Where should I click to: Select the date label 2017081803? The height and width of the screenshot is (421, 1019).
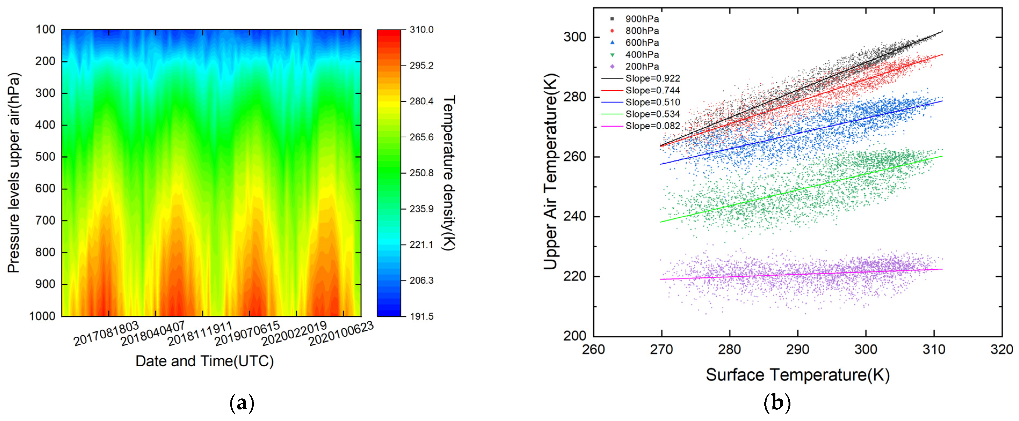pyautogui.click(x=106, y=333)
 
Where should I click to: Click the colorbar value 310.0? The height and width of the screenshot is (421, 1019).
pyautogui.click(x=421, y=30)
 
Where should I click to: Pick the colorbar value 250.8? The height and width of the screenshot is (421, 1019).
pyautogui.click(x=421, y=173)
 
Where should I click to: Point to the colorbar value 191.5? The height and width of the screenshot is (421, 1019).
pyautogui.click(x=421, y=316)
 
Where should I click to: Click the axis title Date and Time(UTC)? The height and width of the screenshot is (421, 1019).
pyautogui.click(x=204, y=361)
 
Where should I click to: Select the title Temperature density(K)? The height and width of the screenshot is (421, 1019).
pyautogui.click(x=448, y=173)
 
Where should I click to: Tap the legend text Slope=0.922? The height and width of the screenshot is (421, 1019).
pyautogui.click(x=652, y=78)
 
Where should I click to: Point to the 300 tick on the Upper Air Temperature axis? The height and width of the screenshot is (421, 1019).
pyautogui.click(x=574, y=37)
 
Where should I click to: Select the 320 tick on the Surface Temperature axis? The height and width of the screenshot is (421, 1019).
pyautogui.click(x=1002, y=349)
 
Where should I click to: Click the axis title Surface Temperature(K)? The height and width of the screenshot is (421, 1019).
pyautogui.click(x=797, y=375)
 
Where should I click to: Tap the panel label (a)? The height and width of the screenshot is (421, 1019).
pyautogui.click(x=242, y=403)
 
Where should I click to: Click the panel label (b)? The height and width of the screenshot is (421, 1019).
pyautogui.click(x=777, y=403)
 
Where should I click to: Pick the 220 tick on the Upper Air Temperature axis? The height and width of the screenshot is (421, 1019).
pyautogui.click(x=574, y=276)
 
